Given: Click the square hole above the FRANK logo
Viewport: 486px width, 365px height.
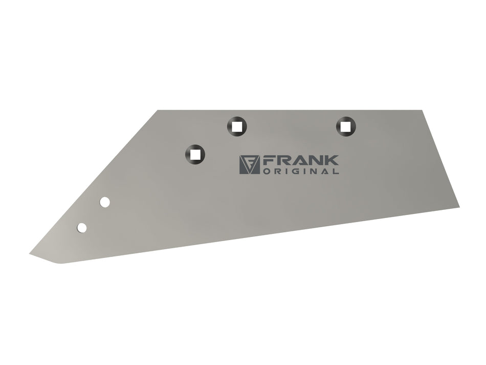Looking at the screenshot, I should pyautogui.click(x=236, y=125).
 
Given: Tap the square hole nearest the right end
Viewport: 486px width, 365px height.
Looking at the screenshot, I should pyautogui.click(x=346, y=125).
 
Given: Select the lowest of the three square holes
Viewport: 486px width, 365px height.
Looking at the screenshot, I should pyautogui.click(x=195, y=153).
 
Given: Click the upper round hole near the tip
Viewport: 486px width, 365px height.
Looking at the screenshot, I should pyautogui.click(x=105, y=202).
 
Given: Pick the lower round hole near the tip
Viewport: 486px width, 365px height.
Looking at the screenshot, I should pyautogui.click(x=82, y=228).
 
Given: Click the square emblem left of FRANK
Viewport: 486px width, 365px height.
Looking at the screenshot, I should pyautogui.click(x=250, y=165).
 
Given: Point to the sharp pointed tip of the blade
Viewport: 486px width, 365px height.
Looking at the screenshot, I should pyautogui.click(x=31, y=253).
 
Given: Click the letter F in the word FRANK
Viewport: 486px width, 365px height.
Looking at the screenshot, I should pyautogui.click(x=268, y=160).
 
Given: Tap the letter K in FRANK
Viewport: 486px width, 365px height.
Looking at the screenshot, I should pyautogui.click(x=332, y=160).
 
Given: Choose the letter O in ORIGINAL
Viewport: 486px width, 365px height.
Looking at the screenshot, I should pyautogui.click(x=266, y=171).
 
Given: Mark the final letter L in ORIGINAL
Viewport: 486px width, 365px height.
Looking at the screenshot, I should pyautogui.click(x=336, y=171).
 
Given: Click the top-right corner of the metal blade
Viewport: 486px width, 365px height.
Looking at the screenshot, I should pyautogui.click(x=422, y=111).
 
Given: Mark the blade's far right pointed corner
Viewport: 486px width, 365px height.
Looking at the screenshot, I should pyautogui.click(x=458, y=206).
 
